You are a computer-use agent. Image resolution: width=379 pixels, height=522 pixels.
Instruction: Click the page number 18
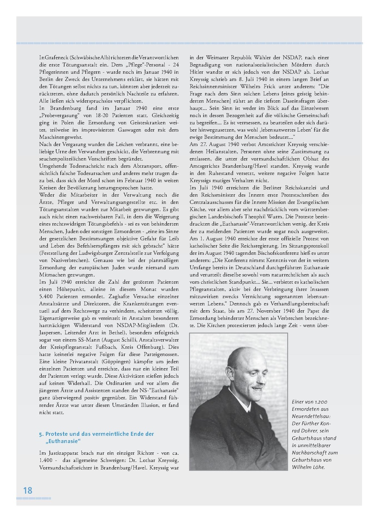28,491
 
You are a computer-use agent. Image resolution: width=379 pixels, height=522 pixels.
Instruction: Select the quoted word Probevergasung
59,116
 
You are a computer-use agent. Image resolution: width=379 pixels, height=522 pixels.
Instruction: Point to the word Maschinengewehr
61,137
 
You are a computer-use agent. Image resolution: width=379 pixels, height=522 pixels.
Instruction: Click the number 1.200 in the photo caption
321,402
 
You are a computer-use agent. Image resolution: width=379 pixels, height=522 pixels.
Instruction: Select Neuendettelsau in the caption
310,416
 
